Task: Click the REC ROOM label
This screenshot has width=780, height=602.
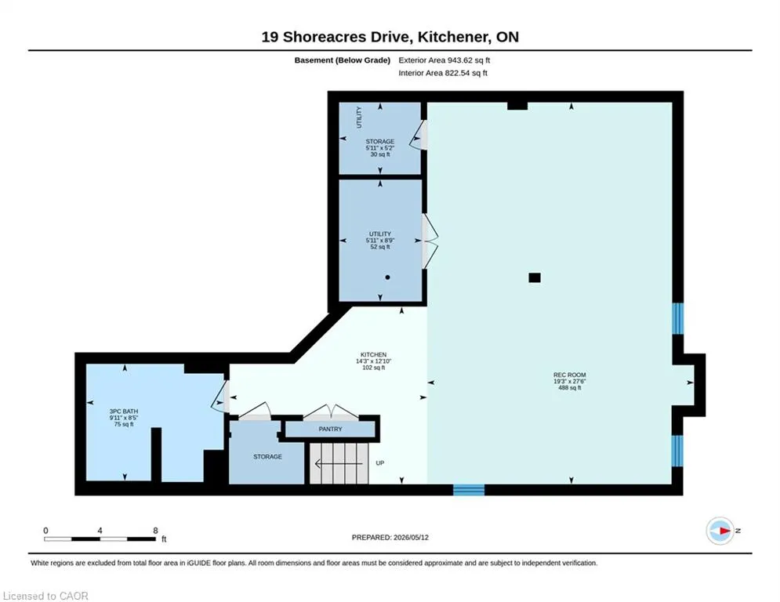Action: [x=570, y=375]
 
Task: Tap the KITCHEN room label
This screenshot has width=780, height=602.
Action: [x=374, y=355]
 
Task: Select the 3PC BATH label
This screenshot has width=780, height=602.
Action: [x=124, y=412]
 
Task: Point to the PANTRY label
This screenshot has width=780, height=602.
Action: [x=330, y=429]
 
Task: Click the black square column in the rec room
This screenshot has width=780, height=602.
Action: [x=535, y=277]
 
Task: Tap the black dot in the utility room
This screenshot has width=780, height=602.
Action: [x=387, y=277]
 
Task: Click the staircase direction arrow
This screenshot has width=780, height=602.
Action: [x=339, y=464]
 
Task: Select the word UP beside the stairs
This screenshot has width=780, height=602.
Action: [x=380, y=463]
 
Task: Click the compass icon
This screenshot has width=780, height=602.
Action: [x=720, y=531]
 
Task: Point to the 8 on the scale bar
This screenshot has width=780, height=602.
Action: [x=156, y=531]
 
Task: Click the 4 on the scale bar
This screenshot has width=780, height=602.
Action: [x=100, y=531]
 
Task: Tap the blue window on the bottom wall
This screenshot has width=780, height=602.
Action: [x=469, y=490]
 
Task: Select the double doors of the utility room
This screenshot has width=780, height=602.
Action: [x=430, y=241]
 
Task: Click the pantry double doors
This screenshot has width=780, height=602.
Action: [x=331, y=411]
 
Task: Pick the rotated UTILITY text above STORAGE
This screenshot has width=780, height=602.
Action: [x=359, y=118]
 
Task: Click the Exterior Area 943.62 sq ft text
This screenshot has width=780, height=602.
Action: [x=444, y=60]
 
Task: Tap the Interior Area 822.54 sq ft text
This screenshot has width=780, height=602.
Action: [x=443, y=73]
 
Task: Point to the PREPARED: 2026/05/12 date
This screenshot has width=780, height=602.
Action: [x=390, y=537]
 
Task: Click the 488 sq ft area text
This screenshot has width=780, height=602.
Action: [x=570, y=387]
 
